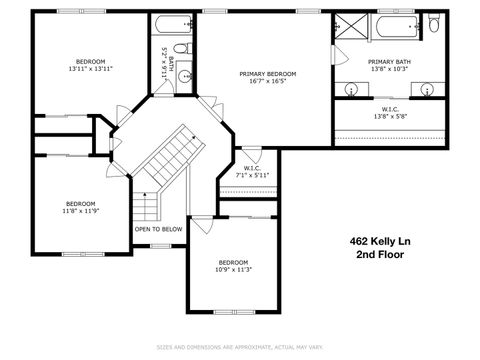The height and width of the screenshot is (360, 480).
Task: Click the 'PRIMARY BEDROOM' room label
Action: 267,74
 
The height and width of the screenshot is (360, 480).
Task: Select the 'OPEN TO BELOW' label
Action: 159,229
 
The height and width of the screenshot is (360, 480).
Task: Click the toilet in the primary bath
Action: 433,24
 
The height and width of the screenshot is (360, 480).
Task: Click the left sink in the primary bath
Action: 352,89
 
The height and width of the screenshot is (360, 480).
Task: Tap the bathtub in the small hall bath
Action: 167,24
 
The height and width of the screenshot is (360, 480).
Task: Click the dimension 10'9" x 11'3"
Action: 233,270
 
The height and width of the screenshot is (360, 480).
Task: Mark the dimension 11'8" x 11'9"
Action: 80,211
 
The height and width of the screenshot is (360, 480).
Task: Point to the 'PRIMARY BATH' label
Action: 389,61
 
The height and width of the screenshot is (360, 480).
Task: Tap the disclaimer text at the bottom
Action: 240,347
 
